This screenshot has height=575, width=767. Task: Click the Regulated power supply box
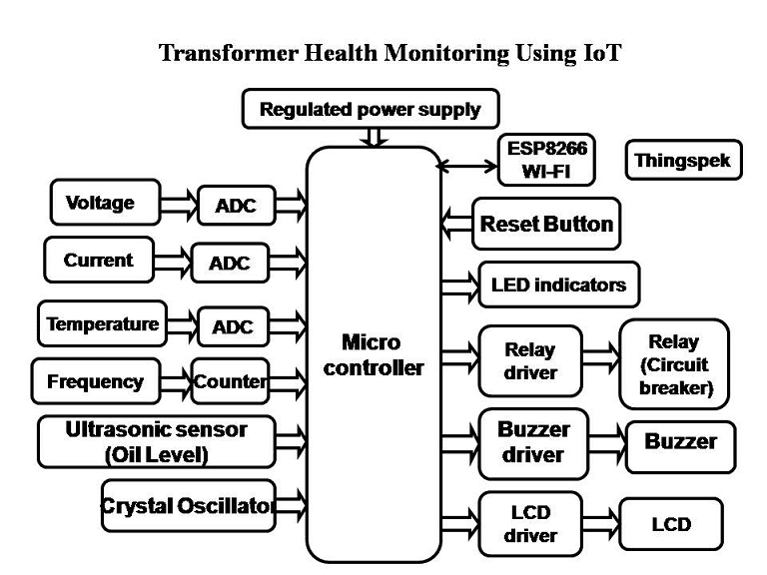tap(370, 110)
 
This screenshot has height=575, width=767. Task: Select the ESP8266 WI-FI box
tap(546, 161)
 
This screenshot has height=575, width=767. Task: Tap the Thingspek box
tap(683, 160)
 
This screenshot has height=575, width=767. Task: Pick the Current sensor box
tap(98, 261)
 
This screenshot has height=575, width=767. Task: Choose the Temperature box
tap(102, 324)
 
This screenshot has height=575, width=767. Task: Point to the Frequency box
tap(95, 381)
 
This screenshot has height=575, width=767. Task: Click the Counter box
tap(230, 381)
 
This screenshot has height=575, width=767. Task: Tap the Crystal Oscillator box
tap(187, 506)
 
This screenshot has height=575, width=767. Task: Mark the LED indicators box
tap(558, 286)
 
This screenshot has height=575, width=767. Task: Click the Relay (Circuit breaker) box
tap(673, 364)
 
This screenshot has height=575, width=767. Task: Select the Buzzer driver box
tap(533, 442)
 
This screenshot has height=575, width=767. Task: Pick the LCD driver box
tap(529, 523)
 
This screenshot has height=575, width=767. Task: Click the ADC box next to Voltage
tap(236, 206)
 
